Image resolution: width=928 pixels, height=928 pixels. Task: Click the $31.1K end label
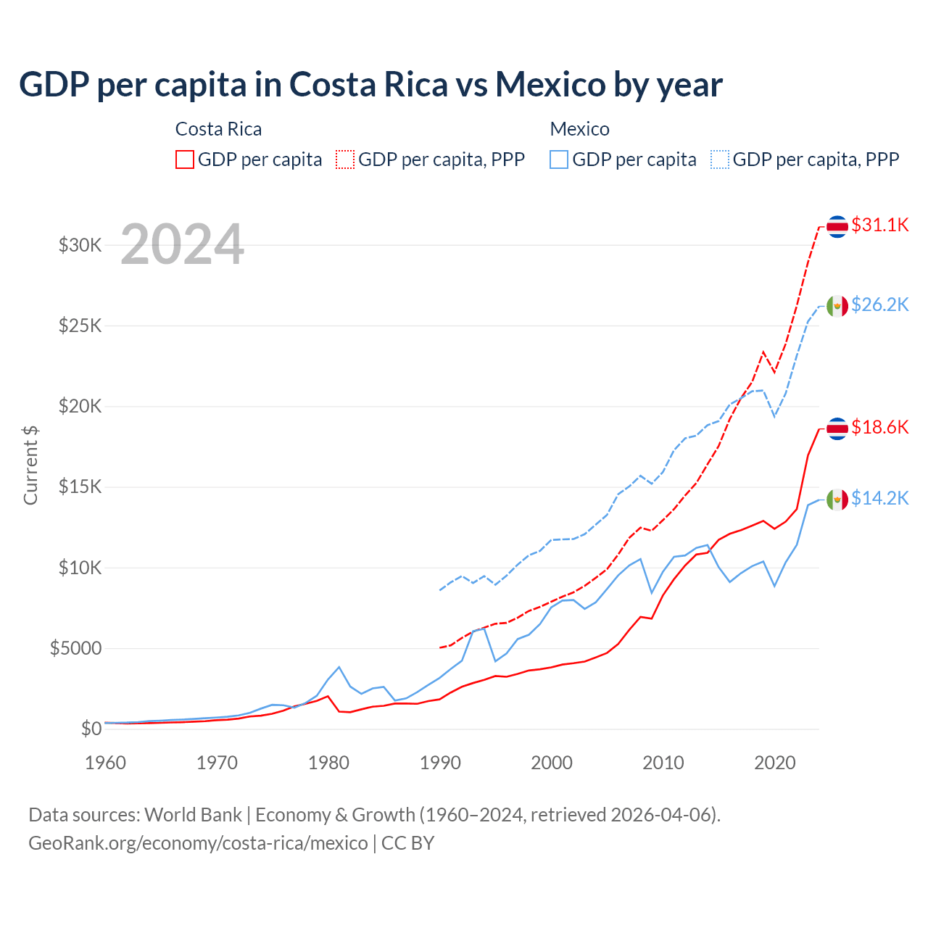879,225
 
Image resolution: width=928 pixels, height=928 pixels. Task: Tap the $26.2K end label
879,305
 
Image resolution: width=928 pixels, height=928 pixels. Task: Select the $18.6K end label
879,428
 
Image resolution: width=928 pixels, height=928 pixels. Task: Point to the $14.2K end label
879,499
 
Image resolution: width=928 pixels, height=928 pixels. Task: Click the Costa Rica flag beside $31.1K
837,226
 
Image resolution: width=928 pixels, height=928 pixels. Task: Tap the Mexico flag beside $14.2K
837,500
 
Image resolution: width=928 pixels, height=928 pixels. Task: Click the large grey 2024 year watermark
182,244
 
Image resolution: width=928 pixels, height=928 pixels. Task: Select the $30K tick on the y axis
80,245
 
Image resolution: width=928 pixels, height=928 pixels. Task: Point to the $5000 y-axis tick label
76,648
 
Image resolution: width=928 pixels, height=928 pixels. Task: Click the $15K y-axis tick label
80,486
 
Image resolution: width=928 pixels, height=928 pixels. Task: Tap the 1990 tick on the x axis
440,763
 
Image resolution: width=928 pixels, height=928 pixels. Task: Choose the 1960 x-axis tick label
106,763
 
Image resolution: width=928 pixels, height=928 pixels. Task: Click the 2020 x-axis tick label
775,763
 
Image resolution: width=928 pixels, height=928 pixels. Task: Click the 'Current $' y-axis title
30,465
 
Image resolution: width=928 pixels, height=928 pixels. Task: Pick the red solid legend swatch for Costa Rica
185,159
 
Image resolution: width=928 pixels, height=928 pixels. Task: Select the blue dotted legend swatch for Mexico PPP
720,159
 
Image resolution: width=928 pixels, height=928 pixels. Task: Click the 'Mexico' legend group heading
579,129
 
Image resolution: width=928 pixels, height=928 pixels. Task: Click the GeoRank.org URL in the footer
198,843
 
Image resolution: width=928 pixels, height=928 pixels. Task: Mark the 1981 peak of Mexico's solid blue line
339,667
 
